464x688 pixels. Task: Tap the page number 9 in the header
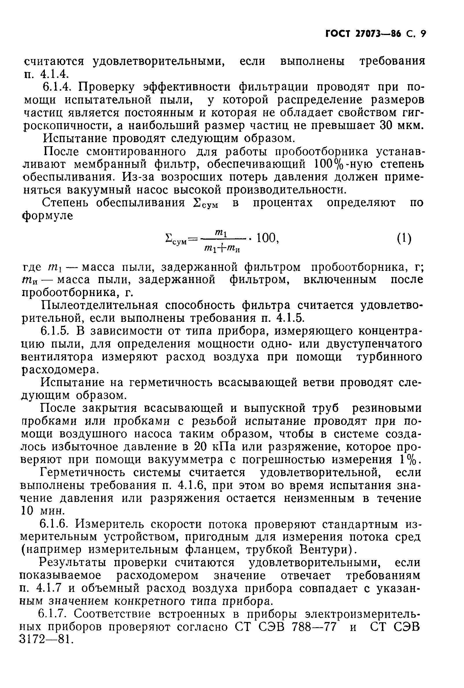coord(423,34)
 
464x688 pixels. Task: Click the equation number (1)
coord(404,238)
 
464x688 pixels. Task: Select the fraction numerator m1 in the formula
coord(221,233)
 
